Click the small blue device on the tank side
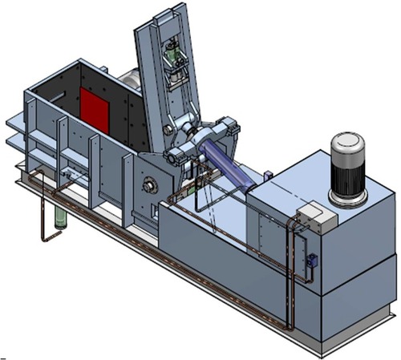(x=311, y=261)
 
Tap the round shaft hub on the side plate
(x=150, y=188)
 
